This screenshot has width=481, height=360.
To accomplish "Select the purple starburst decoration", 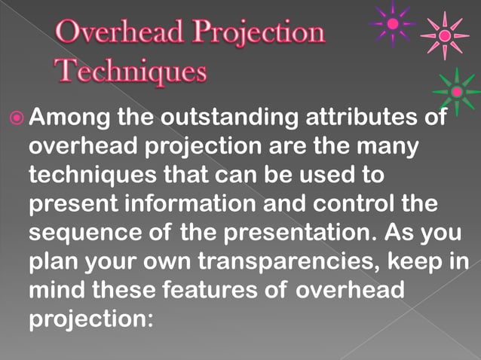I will coord(392,23).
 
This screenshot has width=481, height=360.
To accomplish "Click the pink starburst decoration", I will coord(445,35).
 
